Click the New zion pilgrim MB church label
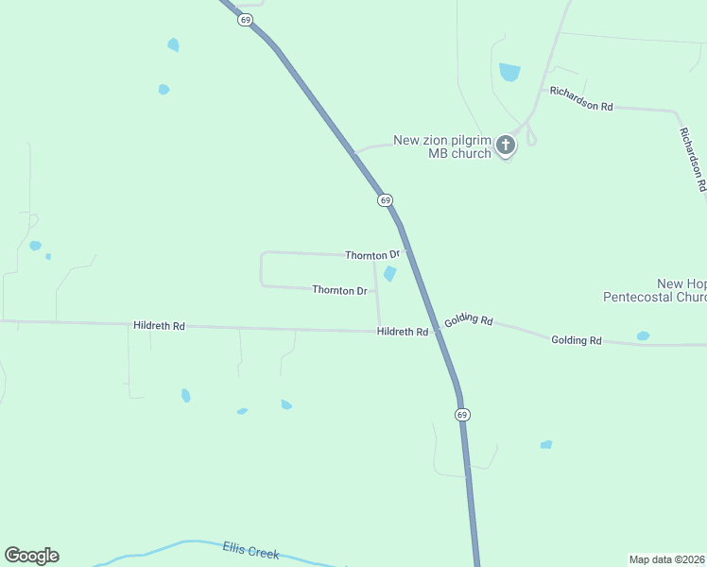[x=442, y=146]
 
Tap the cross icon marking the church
[x=506, y=145]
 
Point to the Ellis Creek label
[x=250, y=549]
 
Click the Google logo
[x=31, y=556]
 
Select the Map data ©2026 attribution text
[x=667, y=558]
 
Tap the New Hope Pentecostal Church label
[x=655, y=290]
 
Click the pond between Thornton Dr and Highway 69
[x=389, y=274]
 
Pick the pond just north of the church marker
[x=509, y=72]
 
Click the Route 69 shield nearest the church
[x=385, y=200]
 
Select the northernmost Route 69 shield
[x=245, y=20]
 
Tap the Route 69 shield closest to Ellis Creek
[x=461, y=415]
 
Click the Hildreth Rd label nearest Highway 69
[x=403, y=332]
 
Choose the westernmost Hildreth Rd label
[x=159, y=325]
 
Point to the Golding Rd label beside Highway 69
[x=470, y=320]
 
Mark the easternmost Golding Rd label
[x=577, y=339]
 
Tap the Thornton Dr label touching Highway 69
[x=372, y=255]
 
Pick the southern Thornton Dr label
[x=339, y=290]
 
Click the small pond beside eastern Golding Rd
[x=643, y=335]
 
